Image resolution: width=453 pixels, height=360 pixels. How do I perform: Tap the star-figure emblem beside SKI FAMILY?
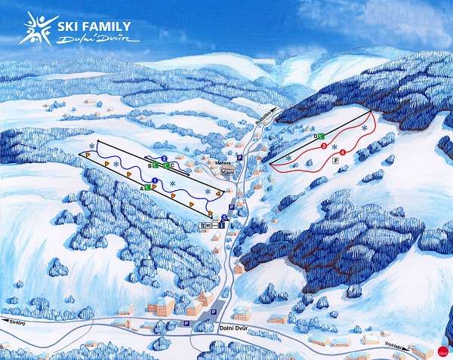33,29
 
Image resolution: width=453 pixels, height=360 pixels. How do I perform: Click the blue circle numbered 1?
155,180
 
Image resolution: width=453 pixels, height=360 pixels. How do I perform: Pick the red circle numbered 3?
324,145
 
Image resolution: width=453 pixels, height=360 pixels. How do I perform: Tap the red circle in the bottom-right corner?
442,350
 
